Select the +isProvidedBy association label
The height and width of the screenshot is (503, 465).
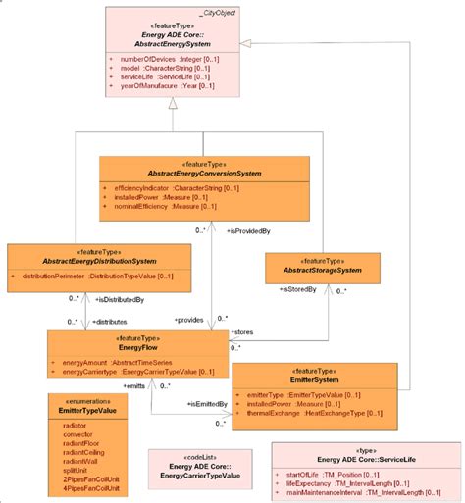click(250, 231)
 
